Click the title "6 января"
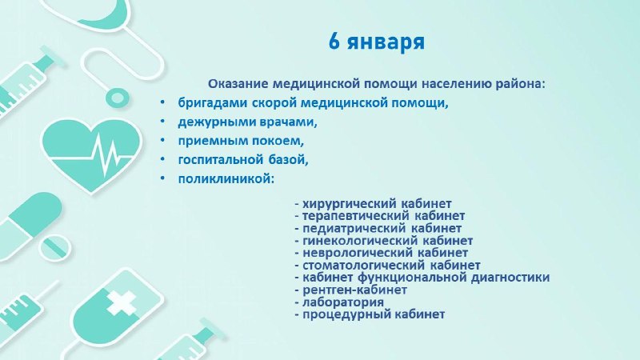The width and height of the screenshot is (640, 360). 376,42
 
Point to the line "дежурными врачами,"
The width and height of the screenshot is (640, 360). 247,122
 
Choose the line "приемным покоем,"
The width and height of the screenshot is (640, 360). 241,142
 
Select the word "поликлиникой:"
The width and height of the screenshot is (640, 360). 226,178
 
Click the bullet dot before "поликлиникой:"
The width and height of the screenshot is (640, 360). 163,178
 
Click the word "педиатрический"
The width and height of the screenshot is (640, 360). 354,228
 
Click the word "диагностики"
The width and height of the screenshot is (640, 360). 510,278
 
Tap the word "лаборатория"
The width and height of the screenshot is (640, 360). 343,302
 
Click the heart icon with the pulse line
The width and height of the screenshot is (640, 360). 92,154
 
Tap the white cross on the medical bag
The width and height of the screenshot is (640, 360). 122,303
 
